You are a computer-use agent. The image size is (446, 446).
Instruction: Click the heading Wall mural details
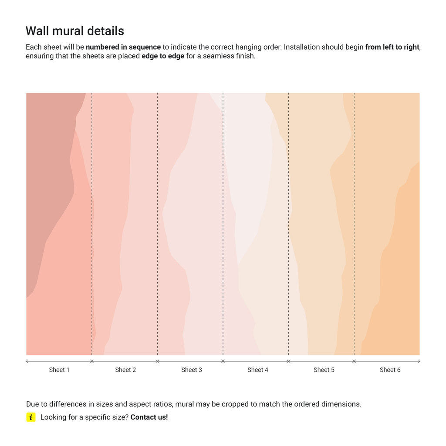coord(75,31)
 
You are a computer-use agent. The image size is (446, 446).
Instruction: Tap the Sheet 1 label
coord(59,370)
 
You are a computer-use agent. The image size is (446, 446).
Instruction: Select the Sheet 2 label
coord(125,370)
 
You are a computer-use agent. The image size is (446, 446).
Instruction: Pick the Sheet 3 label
coord(192,370)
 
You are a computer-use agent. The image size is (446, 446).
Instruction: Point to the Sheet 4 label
coord(258,370)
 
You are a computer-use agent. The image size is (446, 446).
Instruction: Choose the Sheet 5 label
coord(324,370)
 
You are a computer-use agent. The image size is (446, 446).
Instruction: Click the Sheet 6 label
coord(390,370)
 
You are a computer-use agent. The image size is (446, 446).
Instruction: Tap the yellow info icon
coord(30,417)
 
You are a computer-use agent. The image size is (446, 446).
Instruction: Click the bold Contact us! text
coord(149,417)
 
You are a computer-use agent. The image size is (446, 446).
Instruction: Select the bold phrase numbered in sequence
coord(123,47)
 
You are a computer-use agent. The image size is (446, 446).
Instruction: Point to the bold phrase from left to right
coord(392,47)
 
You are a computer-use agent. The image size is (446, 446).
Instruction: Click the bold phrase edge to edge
coord(163,56)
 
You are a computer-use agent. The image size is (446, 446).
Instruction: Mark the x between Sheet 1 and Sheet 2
coord(91,361)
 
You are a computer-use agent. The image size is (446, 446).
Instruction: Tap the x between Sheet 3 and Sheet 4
coord(223,361)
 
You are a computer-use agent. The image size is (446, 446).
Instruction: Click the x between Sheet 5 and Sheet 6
coord(354,361)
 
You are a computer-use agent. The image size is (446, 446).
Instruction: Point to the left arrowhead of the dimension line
coord(27,361)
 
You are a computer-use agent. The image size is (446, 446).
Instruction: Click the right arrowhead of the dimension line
coord(419,361)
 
